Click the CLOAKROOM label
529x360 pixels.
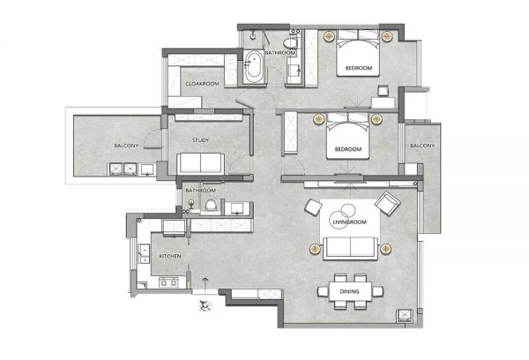coord(202,84)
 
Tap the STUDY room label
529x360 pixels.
coord(200,139)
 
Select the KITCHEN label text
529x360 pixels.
coord(170,256)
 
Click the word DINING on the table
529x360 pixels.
coord(349,291)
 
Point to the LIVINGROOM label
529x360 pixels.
coord(349,221)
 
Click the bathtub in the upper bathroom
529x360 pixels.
coord(253,67)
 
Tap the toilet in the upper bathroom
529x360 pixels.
coord(291,43)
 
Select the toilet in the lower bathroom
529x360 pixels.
coord(211,205)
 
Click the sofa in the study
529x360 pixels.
coord(201,163)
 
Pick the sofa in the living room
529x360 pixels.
coord(350,248)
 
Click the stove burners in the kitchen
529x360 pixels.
coord(168,282)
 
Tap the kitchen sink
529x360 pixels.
coord(144,253)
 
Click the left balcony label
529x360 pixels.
coord(126,146)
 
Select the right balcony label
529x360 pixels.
coord(422,146)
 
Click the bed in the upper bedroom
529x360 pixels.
coord(358,53)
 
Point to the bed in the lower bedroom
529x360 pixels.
coord(348,136)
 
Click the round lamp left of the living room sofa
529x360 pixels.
coord(315,249)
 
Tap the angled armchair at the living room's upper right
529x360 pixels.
coord(387,203)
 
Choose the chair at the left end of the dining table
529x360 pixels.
coord(323,291)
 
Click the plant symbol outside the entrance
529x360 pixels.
coord(205,305)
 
